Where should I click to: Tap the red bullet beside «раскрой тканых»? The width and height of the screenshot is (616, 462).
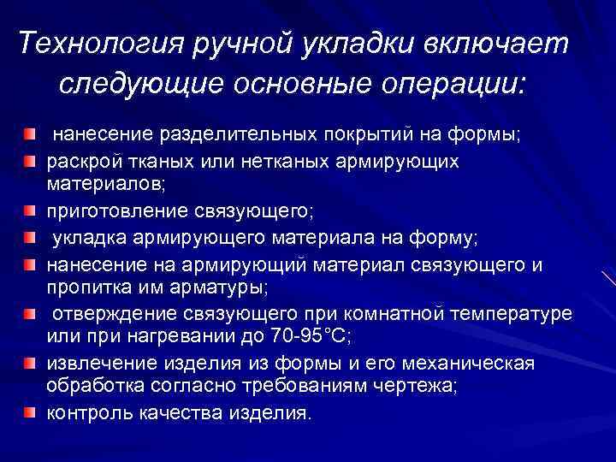[31, 161]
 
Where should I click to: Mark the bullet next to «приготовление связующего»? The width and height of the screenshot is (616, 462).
[31, 207]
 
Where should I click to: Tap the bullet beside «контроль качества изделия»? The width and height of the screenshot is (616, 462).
[31, 414]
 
